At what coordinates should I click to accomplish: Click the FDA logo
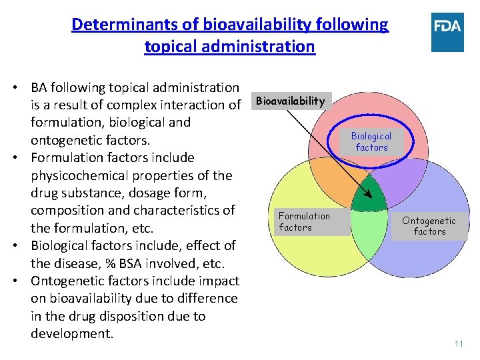(447, 33)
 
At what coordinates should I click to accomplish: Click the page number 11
(458, 344)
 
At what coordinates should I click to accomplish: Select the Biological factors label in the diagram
(372, 141)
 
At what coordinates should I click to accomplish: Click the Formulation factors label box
(304, 221)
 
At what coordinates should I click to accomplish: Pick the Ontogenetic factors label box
(429, 226)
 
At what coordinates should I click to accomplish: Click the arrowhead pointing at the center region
(366, 189)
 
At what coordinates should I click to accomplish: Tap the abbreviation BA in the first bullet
(40, 87)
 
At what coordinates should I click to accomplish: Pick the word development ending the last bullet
(71, 333)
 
